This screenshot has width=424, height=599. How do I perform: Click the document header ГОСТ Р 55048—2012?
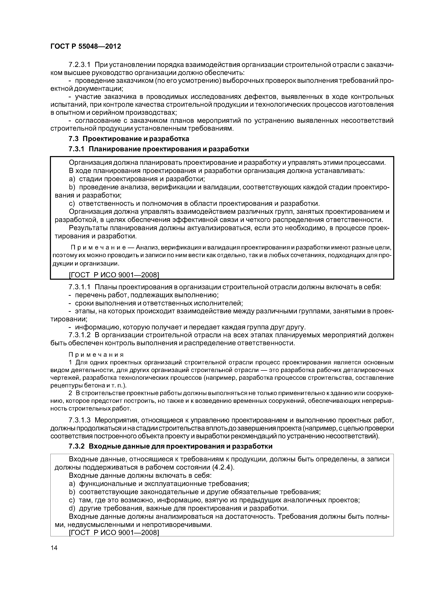coord(86,46)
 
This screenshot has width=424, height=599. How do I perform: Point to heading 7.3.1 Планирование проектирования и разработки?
coord(159,149)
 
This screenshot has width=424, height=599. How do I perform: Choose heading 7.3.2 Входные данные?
coord(170,446)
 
